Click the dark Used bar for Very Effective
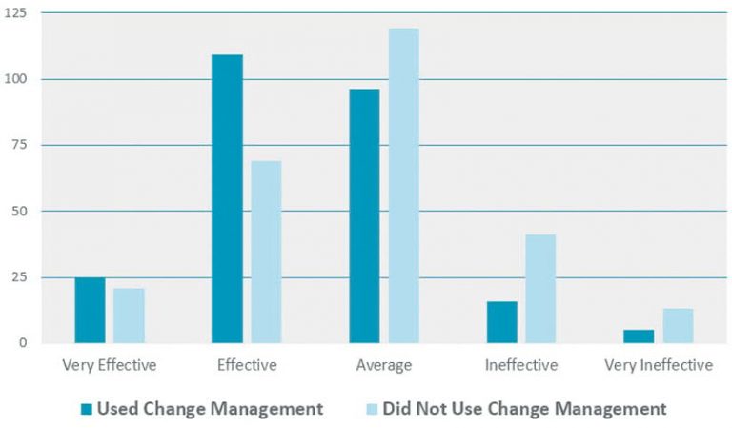(90, 310)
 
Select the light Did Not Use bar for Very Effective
(129, 316)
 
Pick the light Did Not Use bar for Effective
(266, 252)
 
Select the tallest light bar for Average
(403, 185)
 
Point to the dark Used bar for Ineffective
(501, 322)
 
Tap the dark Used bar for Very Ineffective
(639, 336)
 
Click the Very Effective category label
(109, 365)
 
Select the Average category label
(383, 365)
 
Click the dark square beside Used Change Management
(87, 410)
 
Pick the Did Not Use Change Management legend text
(524, 409)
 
